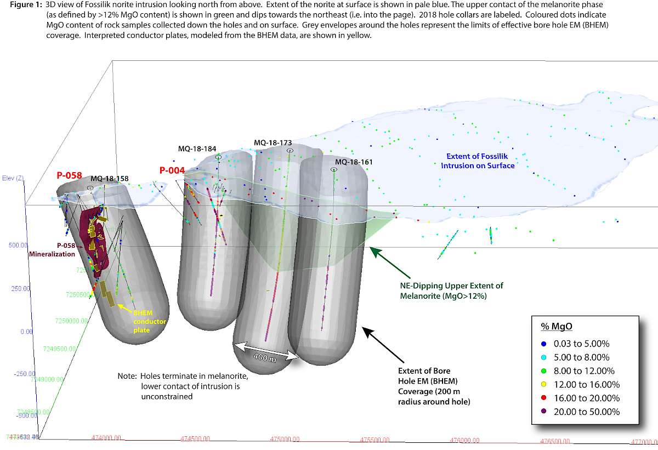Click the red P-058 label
click(69, 175)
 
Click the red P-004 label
click(171, 170)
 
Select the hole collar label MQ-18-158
click(110, 178)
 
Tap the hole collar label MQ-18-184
click(197, 149)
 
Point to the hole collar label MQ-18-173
click(273, 143)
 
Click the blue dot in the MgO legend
click(543, 344)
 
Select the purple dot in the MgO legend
click(543, 412)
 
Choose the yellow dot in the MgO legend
click(543, 384)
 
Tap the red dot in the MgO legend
click(543, 398)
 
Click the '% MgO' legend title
click(557, 326)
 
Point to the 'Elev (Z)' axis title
click(12, 179)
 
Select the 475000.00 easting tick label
click(285, 439)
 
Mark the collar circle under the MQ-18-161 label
click(334, 170)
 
